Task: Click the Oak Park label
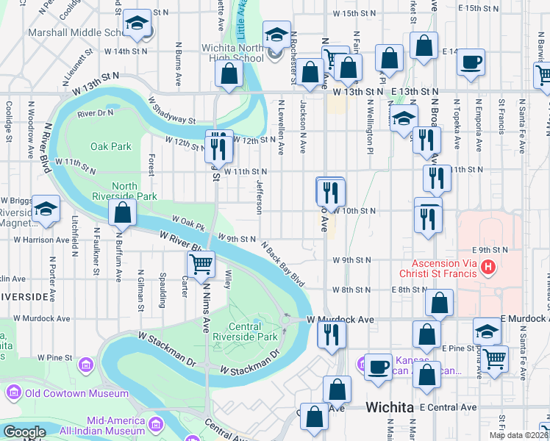110,146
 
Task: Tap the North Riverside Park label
124,190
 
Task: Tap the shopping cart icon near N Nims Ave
201,263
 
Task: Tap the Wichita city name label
393,406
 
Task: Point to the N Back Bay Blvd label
282,265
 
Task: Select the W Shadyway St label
171,110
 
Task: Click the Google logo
24,432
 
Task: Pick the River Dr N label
95,113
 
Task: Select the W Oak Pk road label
187,219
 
